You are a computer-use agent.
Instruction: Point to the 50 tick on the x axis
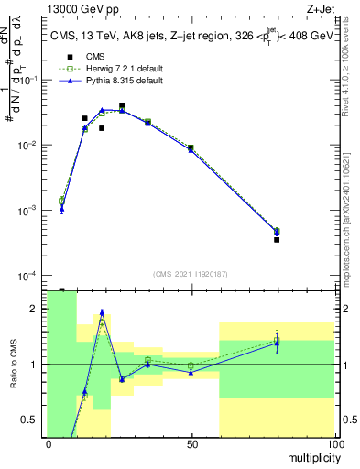191,443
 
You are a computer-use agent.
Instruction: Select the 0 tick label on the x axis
48,443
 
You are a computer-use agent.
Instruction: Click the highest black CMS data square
122,106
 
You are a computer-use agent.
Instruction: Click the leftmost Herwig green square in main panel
61,201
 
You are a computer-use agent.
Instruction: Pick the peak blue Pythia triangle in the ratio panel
102,312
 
